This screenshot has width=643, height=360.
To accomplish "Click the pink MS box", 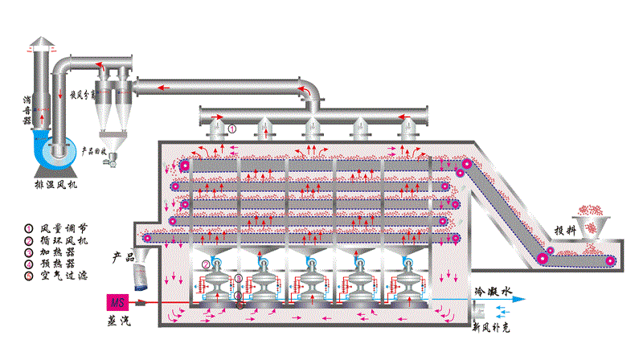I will click(x=118, y=303).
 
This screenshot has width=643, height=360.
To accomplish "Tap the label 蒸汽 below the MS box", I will click(x=119, y=321).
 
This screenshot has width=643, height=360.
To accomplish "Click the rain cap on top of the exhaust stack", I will click(x=42, y=43).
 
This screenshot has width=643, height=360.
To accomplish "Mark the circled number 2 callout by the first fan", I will click(x=206, y=264).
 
